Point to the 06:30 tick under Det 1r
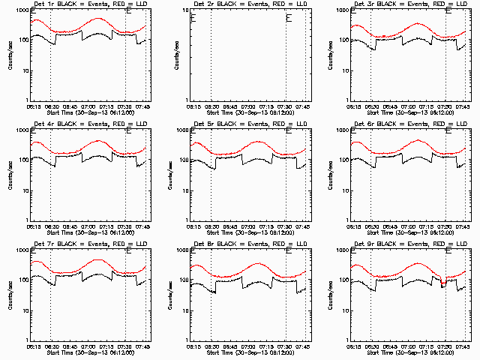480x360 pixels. pos(50,106)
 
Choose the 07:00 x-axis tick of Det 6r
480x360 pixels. pos(411,226)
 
